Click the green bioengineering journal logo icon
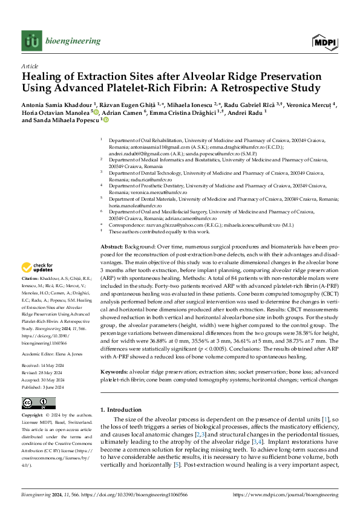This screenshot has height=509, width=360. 31,41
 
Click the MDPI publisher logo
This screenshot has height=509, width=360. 324,41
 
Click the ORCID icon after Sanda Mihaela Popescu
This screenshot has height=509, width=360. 106,120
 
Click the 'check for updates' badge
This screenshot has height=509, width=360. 38,268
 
